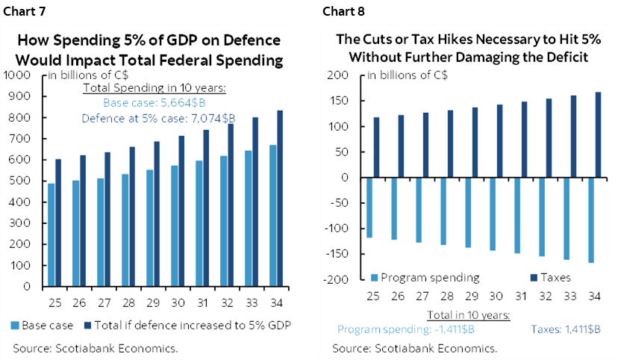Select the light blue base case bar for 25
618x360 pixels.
coord(51,235)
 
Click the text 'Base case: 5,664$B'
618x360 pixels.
coord(155,104)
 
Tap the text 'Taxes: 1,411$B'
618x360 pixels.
coord(562,329)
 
